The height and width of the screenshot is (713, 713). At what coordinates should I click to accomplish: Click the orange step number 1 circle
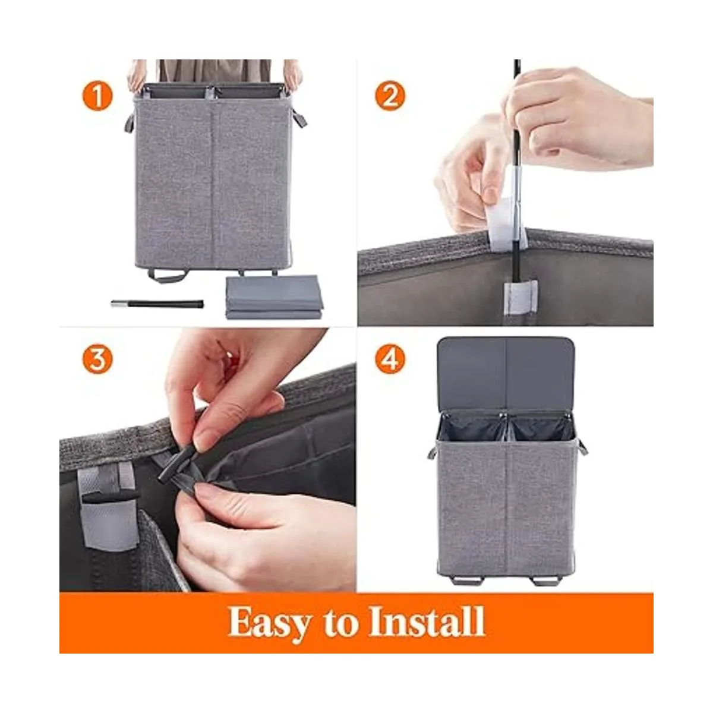[x=97, y=96]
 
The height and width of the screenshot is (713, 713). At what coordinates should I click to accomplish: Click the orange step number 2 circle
[x=390, y=96]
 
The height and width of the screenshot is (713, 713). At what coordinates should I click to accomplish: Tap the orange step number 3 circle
[x=97, y=359]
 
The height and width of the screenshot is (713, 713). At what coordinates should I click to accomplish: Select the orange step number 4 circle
[x=390, y=359]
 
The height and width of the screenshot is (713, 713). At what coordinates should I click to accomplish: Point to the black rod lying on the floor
[x=157, y=304]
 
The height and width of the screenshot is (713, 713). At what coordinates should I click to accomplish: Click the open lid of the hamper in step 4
[x=506, y=374]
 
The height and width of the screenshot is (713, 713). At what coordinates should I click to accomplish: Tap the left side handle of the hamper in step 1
[x=129, y=122]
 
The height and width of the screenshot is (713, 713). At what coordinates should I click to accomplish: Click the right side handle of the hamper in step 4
[x=582, y=448]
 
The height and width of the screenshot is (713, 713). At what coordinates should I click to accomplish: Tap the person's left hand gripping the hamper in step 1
[x=137, y=77]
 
